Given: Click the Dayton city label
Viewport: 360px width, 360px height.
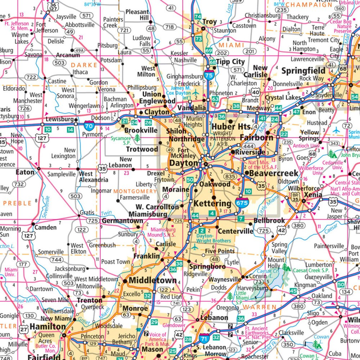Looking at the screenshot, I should click(x=184, y=163).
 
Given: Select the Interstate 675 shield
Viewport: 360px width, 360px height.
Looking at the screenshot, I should click(x=242, y=203).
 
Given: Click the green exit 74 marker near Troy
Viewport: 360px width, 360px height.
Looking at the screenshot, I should click(x=198, y=17).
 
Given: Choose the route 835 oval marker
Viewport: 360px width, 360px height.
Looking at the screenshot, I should click(x=230, y=176).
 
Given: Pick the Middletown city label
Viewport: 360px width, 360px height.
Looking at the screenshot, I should click(x=153, y=280).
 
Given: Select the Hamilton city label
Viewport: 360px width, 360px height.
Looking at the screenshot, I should click(x=48, y=327).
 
